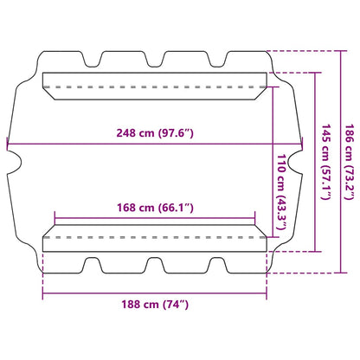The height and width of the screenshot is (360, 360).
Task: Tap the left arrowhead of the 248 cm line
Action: pos(10,144)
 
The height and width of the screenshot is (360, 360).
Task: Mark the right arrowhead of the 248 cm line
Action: pos(303,144)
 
